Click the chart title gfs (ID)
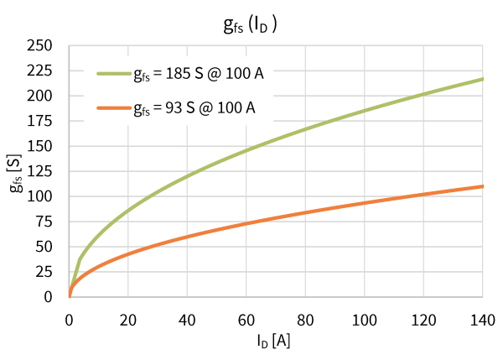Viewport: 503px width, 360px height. [x=250, y=25]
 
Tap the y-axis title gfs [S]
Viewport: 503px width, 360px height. [x=15, y=174]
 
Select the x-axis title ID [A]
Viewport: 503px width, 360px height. [x=273, y=341]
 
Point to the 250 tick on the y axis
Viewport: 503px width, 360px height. [x=39, y=45]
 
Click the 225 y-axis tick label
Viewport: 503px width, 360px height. [x=39, y=70]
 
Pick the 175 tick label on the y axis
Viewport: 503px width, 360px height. [x=39, y=121]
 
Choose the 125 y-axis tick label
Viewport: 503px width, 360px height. [x=39, y=171]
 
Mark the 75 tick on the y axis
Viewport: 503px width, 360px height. [x=44, y=222]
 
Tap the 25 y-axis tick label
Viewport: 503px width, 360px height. [x=44, y=272]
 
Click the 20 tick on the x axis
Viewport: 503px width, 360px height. [x=128, y=321]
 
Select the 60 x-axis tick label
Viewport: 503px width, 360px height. [x=246, y=321]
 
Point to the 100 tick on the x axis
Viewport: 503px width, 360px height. [x=365, y=321]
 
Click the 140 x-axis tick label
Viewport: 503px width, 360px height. [x=483, y=321]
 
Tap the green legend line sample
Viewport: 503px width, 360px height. [x=114, y=74]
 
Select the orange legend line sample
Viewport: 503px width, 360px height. [x=114, y=108]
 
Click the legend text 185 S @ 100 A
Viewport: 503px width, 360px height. [x=215, y=74]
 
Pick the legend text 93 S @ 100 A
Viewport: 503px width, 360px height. [x=210, y=108]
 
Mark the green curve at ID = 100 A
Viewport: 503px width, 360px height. [x=365, y=111]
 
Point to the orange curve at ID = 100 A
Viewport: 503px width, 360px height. [x=365, y=203]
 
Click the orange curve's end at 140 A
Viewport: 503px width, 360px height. [x=483, y=186]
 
